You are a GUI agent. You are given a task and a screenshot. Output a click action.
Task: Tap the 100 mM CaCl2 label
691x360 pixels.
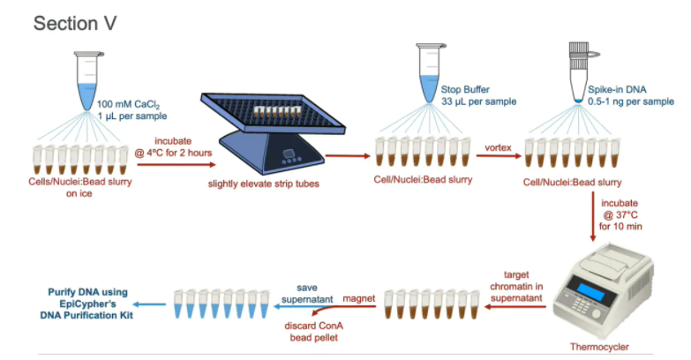coord(131,103)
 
